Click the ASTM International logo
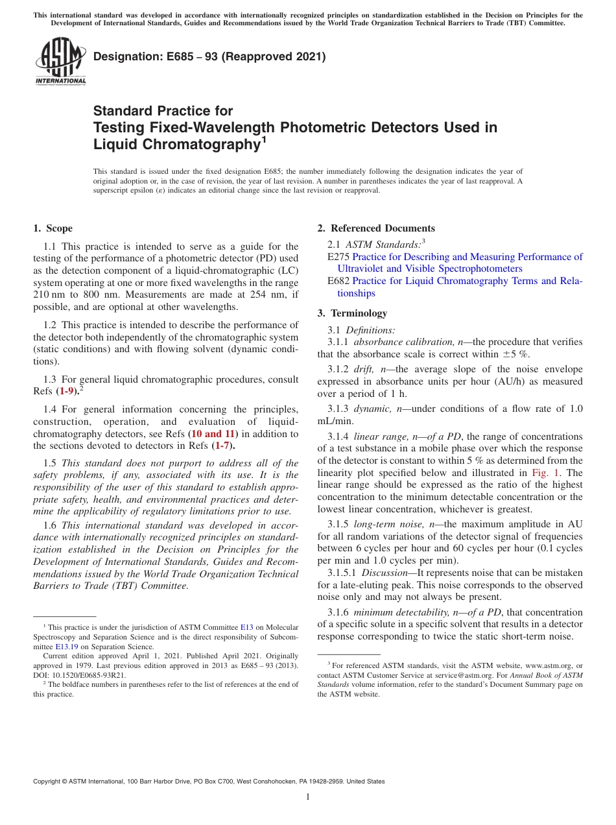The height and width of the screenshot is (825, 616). pos(60,62)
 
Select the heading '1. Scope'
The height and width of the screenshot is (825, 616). pos(53,228)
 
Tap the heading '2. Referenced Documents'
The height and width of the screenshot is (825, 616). pos(376,228)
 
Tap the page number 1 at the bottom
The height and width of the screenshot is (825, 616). pos(308,797)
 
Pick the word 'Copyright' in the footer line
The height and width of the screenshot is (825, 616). pos(47,782)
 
